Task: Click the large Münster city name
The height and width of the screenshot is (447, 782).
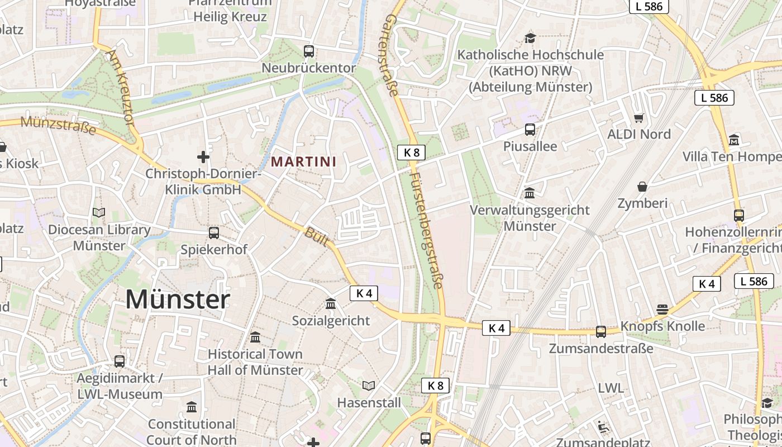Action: point(178,299)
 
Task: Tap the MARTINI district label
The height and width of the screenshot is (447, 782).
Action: point(304,162)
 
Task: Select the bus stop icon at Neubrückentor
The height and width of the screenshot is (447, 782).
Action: point(309,51)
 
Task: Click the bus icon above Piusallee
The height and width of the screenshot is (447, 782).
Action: point(530,130)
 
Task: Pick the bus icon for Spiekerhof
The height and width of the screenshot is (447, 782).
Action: point(213,232)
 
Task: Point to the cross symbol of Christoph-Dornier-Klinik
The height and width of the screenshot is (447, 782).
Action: point(203,157)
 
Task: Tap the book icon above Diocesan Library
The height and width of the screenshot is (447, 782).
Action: point(99,213)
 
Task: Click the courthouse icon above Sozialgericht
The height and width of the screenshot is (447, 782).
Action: point(331,304)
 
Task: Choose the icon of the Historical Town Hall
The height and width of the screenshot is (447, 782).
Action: point(255,337)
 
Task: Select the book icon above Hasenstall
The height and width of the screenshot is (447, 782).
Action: point(369,386)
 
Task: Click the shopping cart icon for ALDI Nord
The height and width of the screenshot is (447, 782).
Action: point(639,118)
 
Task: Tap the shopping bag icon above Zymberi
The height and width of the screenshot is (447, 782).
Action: point(642,187)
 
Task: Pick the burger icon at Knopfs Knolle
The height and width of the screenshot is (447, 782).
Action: point(662,310)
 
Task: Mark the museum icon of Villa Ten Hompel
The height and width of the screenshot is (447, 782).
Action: point(734,140)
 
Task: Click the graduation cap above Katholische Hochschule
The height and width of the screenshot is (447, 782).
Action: point(530,38)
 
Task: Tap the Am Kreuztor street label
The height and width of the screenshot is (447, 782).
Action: point(121,87)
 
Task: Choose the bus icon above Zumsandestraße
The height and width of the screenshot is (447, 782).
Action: point(601,331)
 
